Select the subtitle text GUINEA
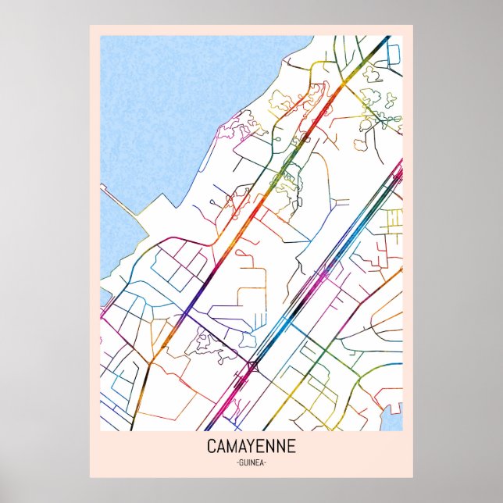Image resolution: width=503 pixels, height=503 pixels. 251,463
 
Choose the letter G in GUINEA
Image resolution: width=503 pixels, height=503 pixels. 239,463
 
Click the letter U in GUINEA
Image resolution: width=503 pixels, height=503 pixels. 244,463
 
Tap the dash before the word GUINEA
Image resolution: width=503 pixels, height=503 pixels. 234,463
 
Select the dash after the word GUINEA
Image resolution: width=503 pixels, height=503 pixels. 267,463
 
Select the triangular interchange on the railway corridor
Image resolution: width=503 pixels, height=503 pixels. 253,366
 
